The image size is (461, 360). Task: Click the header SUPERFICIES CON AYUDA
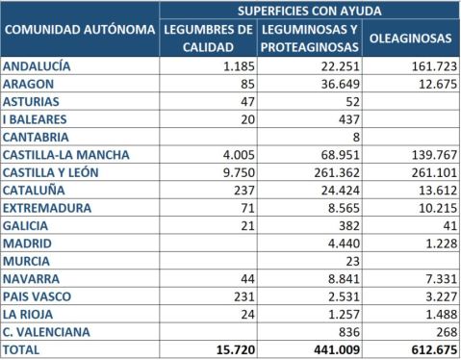point(310,10)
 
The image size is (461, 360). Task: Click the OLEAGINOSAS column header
point(410,39)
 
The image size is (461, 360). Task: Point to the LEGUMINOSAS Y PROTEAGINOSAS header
point(310,39)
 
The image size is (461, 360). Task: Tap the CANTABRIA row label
point(38,137)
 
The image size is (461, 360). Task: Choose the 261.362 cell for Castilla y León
point(333,172)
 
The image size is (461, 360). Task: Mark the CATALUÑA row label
point(37,190)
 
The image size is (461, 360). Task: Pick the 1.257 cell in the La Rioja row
point(342,315)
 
